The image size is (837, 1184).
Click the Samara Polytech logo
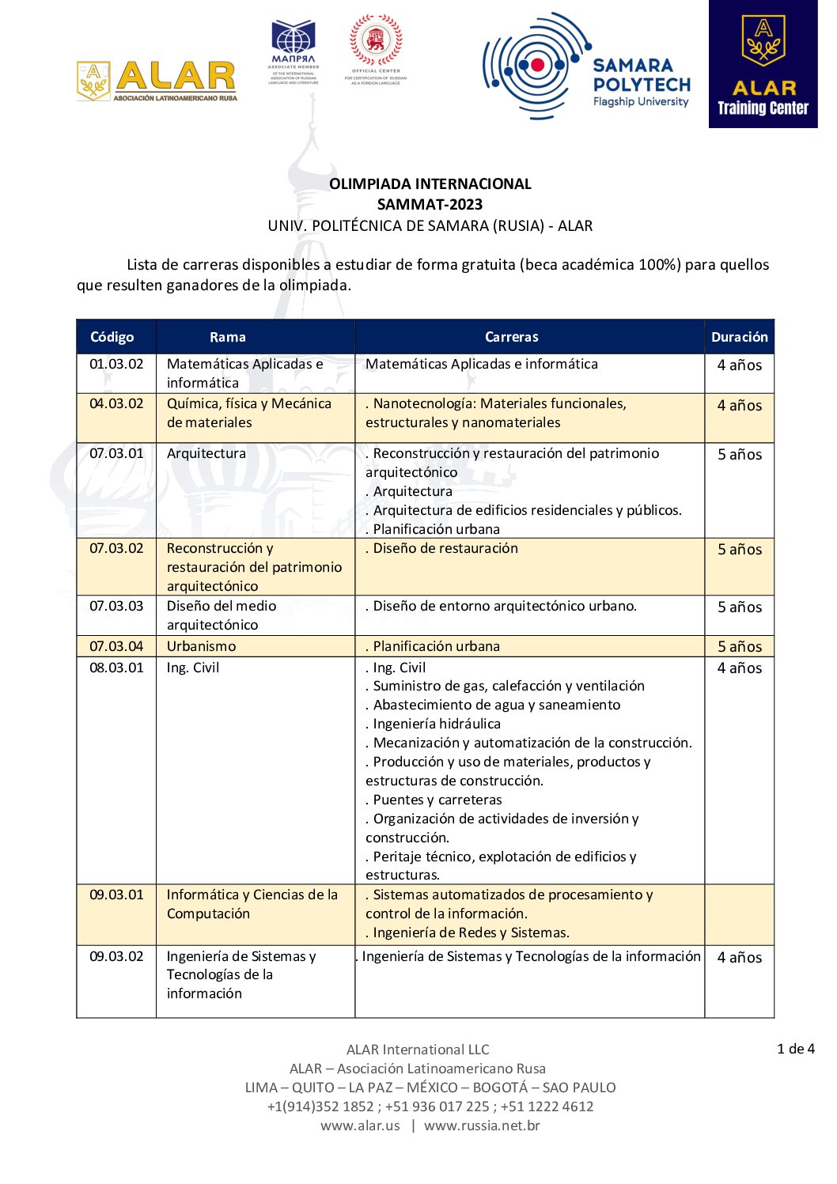pyautogui.click(x=586, y=67)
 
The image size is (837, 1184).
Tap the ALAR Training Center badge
pyautogui.click(x=763, y=65)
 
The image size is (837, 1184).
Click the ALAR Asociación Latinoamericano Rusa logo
pyautogui.click(x=157, y=81)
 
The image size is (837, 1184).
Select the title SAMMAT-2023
pyautogui.click(x=430, y=204)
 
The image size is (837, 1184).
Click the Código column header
pyautogui.click(x=112, y=337)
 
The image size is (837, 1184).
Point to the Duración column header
pyautogui.click(x=739, y=337)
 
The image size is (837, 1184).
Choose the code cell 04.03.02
pyautogui.click(x=116, y=403)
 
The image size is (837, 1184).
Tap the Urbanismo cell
pyautogui.click(x=201, y=646)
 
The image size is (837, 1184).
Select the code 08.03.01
pyautogui.click(x=116, y=668)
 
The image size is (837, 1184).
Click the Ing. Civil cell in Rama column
pyautogui.click(x=193, y=668)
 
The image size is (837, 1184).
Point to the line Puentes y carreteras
pyautogui.click(x=434, y=800)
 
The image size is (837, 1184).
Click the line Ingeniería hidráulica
pyautogui.click(x=433, y=724)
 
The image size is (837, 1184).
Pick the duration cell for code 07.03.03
pyautogui.click(x=740, y=607)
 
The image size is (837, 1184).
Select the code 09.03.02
pyautogui.click(x=116, y=956)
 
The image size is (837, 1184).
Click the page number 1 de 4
pyautogui.click(x=795, y=1049)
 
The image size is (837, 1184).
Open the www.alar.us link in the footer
pyautogui.click(x=360, y=1125)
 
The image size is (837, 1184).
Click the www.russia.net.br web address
pyautogui.click(x=482, y=1125)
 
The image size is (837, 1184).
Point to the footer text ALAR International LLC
pyautogui.click(x=418, y=1050)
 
